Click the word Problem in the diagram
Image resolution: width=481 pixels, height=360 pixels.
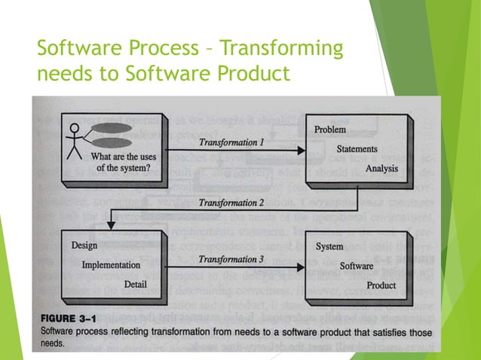click(x=330, y=130)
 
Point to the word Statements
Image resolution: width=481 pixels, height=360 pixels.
click(x=357, y=149)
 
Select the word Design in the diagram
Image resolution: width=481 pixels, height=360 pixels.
click(x=84, y=246)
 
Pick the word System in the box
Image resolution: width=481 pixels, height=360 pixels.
click(x=330, y=246)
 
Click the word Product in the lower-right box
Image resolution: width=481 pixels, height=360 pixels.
click(x=381, y=285)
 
